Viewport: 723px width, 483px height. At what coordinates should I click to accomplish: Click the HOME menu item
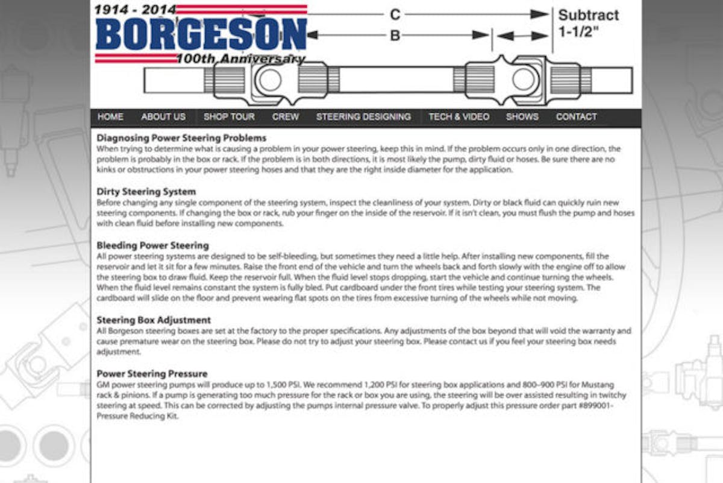coord(110,117)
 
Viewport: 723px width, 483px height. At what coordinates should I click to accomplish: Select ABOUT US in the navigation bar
coord(163,117)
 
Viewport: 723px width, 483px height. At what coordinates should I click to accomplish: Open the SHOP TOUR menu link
coord(229,117)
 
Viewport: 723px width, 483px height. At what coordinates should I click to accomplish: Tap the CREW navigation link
coord(286,117)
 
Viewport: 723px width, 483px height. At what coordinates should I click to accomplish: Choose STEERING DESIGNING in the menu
coord(363,117)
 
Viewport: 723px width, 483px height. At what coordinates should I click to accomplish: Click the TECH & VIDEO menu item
coord(459,117)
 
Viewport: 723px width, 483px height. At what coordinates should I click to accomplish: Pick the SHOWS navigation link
coord(522,117)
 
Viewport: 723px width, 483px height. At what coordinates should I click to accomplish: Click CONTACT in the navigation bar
coord(576,117)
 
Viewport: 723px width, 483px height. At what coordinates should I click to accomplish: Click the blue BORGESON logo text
coord(201,34)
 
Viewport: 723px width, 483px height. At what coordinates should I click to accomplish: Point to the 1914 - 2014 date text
coord(136,10)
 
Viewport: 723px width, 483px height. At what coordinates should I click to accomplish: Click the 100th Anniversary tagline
coord(240,59)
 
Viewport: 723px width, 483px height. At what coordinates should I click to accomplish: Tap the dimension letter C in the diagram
coord(395,14)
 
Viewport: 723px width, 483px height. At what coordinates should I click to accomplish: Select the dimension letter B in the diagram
coord(395,36)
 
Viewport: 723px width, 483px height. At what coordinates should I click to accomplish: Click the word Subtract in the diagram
coord(588,15)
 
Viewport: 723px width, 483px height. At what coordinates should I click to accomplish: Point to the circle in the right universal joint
coord(524,78)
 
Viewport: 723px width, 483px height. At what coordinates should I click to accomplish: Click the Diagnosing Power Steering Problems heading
coord(181,138)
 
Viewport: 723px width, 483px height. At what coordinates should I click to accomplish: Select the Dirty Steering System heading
coord(146,192)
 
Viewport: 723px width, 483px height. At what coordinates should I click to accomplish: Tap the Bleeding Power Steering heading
coord(152,245)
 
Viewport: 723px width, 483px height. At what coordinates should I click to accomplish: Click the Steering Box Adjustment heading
coord(154,320)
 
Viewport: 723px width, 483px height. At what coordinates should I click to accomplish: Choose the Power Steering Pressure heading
coord(152,374)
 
